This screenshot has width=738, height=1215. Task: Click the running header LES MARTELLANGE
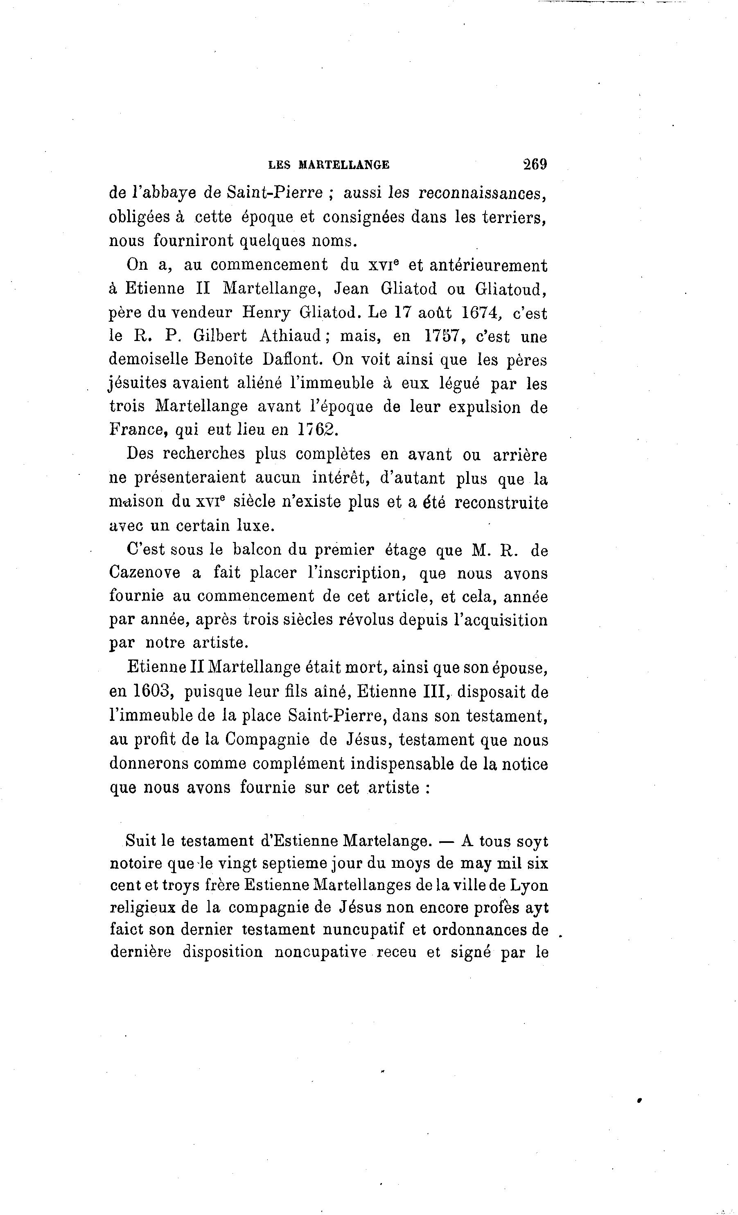328,165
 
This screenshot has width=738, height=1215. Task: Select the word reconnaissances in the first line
483,193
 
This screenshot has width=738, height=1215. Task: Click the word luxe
255,526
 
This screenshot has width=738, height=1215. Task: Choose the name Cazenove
144,574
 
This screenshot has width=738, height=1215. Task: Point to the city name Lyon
528,886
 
